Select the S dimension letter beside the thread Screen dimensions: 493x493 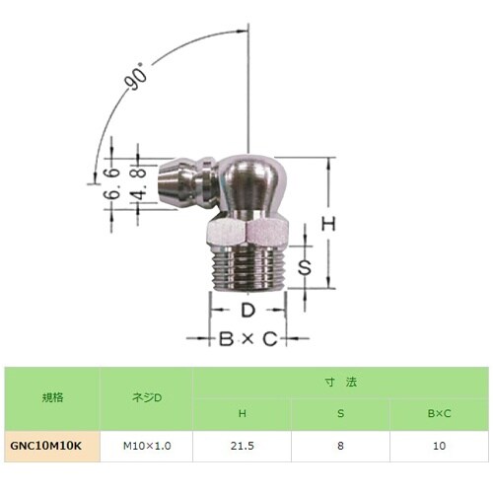coord(307,267)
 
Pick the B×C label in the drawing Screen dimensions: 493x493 coord(247,339)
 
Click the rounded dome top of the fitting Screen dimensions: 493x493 coord(252,174)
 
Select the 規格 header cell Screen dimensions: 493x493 coord(51,398)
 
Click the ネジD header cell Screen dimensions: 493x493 coord(147,398)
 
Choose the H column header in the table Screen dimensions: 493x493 coord(243,414)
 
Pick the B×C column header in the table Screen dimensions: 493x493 coord(437,414)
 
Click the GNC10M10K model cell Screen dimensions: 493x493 coord(51,446)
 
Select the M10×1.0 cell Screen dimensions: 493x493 coord(147,446)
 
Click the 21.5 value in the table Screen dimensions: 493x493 coord(243,446)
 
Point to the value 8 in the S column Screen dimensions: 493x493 coord(340,446)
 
